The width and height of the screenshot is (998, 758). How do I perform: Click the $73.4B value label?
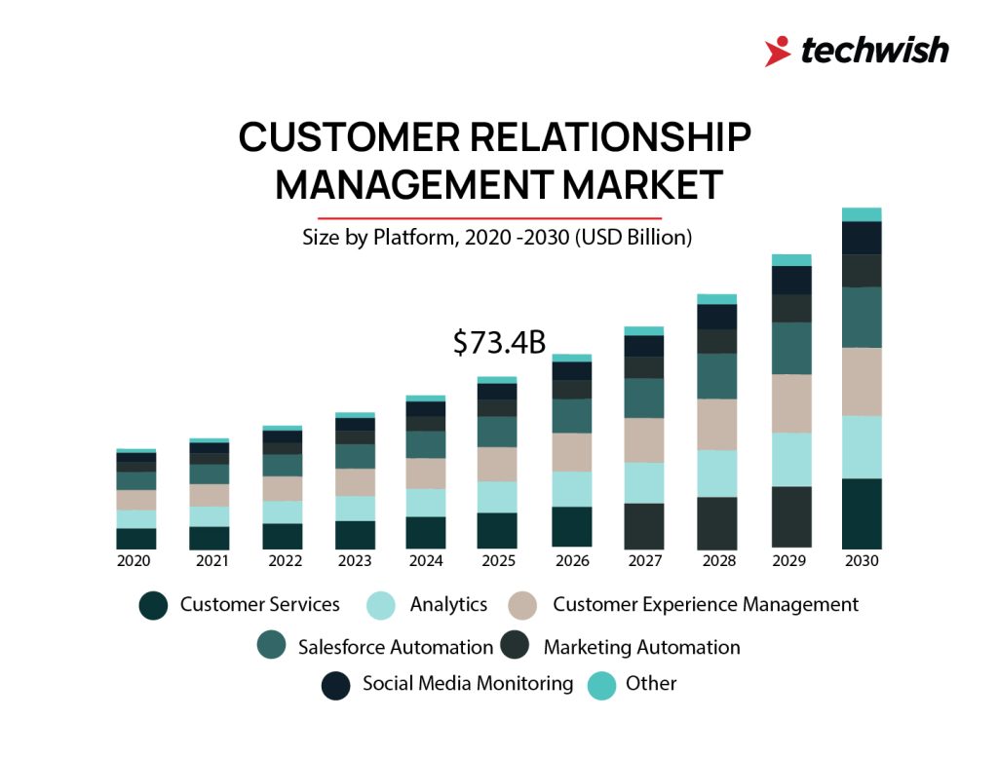click(499, 343)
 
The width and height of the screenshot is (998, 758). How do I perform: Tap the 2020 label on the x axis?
click(134, 561)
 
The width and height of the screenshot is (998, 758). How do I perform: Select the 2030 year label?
click(862, 561)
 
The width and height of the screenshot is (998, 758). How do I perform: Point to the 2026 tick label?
click(571, 561)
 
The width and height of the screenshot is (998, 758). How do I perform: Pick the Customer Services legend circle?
click(153, 605)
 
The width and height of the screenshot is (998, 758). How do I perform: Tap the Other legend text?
click(651, 684)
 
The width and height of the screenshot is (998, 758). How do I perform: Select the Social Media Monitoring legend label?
click(468, 684)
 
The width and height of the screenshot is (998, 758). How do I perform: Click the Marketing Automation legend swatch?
click(515, 645)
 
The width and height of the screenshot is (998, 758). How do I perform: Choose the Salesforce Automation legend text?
click(396, 647)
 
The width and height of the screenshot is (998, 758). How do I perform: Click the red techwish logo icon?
click(777, 51)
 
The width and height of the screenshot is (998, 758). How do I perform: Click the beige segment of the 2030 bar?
click(862, 381)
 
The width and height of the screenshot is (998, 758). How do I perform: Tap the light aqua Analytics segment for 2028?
click(716, 473)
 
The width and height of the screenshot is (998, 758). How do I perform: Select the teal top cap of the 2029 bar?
click(789, 260)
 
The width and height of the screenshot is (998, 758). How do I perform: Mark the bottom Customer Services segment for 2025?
click(497, 530)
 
